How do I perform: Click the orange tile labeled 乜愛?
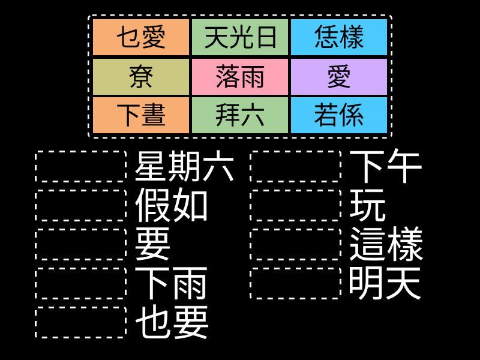click(141, 37)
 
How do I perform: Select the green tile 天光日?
click(240, 37)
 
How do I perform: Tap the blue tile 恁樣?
click(339, 37)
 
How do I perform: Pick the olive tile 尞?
click(141, 77)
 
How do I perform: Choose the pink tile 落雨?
click(240, 77)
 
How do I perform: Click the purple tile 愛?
click(339, 77)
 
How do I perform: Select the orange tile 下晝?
click(141, 115)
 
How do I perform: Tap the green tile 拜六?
click(240, 115)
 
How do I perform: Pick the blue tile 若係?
click(339, 115)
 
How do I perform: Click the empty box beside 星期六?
click(81, 167)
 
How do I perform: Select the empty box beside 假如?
click(81, 205)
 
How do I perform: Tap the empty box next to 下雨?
click(81, 283)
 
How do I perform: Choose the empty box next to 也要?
click(81, 322)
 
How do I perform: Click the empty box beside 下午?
click(295, 167)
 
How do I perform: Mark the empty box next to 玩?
click(295, 205)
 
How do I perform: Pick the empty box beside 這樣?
click(295, 244)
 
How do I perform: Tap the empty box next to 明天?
click(295, 283)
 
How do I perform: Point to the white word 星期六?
click(184, 167)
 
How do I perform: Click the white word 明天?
click(385, 283)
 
